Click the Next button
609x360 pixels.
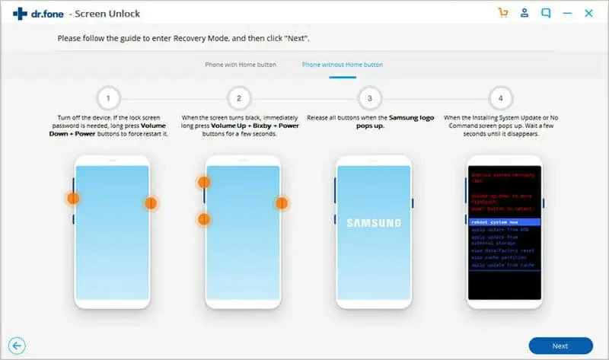tap(560, 346)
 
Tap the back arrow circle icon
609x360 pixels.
tap(16, 346)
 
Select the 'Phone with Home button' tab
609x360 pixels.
tap(241, 65)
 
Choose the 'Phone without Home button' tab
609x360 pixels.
tap(343, 65)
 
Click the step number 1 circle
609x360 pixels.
tap(110, 98)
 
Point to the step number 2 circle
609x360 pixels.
tap(239, 98)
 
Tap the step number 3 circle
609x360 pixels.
tap(370, 98)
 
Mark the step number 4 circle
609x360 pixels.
tap(500, 98)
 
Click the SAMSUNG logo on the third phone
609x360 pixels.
tap(373, 223)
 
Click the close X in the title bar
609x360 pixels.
tap(588, 13)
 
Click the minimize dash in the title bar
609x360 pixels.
tap(567, 13)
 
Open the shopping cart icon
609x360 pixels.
tap(502, 13)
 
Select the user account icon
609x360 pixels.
tap(525, 13)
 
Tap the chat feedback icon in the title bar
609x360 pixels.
tap(546, 13)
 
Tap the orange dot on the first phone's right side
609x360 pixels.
tap(151, 203)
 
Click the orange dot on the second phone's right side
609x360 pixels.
tap(282, 203)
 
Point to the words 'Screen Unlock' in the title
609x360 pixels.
tap(114, 14)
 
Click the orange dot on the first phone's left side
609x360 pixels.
tap(72, 198)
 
